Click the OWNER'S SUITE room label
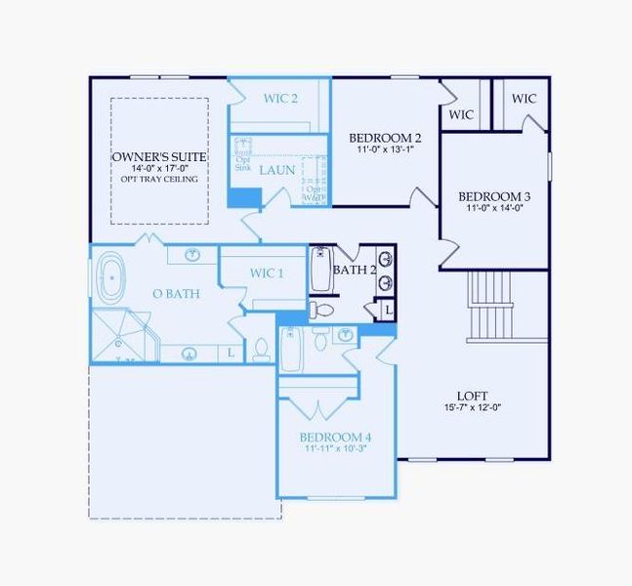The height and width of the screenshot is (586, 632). pyautogui.click(x=158, y=156)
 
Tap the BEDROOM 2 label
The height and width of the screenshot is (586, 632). pyautogui.click(x=386, y=138)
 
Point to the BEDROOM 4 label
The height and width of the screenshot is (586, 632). pyautogui.click(x=335, y=437)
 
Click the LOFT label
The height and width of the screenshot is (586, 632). pyautogui.click(x=472, y=396)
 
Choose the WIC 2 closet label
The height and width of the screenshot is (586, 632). pyautogui.click(x=280, y=98)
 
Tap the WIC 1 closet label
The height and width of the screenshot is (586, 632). pyautogui.click(x=267, y=272)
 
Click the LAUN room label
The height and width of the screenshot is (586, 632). pyautogui.click(x=276, y=170)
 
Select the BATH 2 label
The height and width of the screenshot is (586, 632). pyautogui.click(x=354, y=270)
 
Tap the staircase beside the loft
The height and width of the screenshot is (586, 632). pyautogui.click(x=490, y=304)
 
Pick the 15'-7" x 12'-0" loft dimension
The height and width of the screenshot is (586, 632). pyautogui.click(x=472, y=407)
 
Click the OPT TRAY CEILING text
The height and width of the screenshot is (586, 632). pyautogui.click(x=159, y=180)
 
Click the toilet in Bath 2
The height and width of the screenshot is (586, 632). pyautogui.click(x=321, y=310)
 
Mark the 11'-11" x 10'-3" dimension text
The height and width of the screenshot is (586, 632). pyautogui.click(x=335, y=449)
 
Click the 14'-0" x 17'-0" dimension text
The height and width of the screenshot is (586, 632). pyautogui.click(x=158, y=168)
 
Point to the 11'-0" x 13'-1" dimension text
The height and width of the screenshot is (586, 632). pyautogui.click(x=386, y=149)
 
